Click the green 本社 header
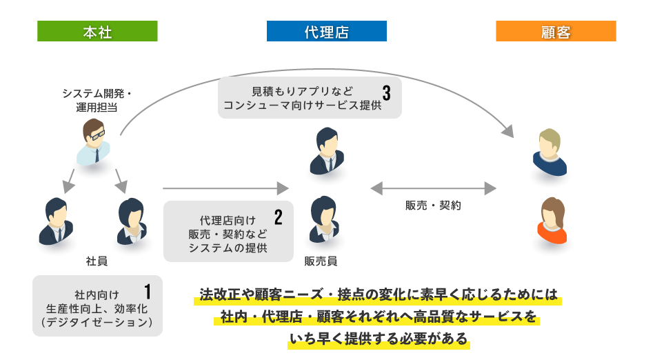[x=97, y=31]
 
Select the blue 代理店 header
[x=326, y=31]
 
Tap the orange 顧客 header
[x=556, y=31]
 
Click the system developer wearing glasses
[x=94, y=141]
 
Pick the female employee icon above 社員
[x=132, y=221]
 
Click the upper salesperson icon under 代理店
[x=326, y=152]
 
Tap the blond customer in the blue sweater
[x=550, y=152]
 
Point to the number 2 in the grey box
[x=279, y=218]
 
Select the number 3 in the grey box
[x=387, y=92]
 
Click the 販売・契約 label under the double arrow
[x=433, y=206]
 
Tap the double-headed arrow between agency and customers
[x=433, y=188]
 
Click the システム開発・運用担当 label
[x=97, y=100]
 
